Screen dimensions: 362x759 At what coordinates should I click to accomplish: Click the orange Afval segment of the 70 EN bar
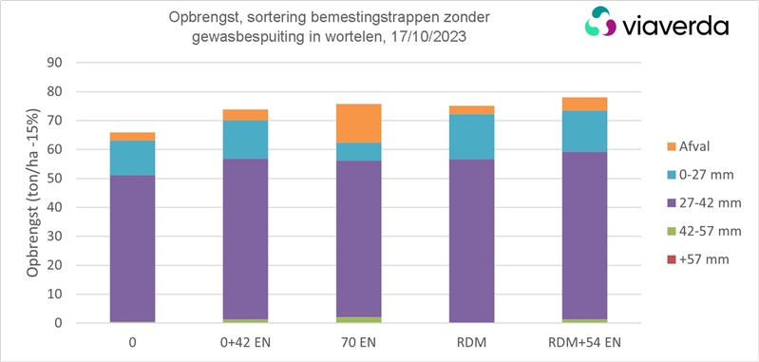click(358, 124)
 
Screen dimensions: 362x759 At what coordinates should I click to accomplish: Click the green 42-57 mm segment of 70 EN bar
click(358, 320)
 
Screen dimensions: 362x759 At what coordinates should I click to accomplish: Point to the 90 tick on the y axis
click(55, 64)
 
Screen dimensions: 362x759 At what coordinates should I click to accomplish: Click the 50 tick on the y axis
click(55, 179)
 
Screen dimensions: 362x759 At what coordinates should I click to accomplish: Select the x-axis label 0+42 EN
click(245, 341)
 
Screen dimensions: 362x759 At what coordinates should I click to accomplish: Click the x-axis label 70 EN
click(358, 341)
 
